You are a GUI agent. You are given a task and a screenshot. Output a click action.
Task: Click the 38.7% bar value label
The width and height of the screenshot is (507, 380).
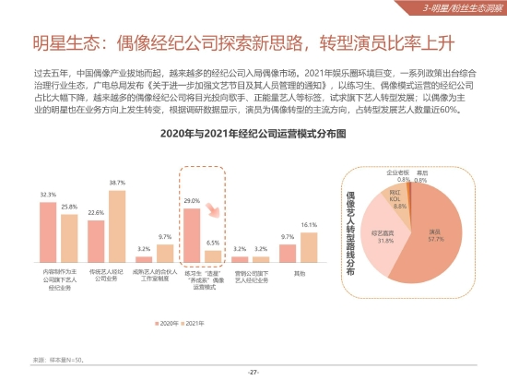click(x=117, y=183)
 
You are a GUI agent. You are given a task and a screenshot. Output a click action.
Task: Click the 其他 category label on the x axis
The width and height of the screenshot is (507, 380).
click(x=299, y=273)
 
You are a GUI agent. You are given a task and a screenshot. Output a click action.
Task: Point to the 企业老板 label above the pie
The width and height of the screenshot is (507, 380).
click(x=396, y=172)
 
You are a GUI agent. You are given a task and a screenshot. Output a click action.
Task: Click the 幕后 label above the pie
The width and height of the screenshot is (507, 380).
click(x=421, y=172)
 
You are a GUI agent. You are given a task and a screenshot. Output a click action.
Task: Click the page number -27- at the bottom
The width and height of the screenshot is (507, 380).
click(x=253, y=371)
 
